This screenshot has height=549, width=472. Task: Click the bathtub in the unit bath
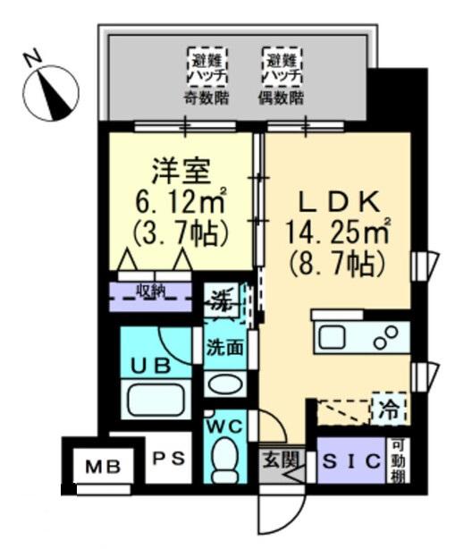tap(156, 399)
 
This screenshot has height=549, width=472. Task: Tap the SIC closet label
tap(350, 461)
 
